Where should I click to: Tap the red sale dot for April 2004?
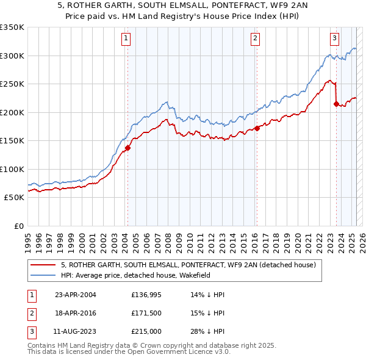click(x=127, y=148)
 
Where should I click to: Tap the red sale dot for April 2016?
click(x=257, y=128)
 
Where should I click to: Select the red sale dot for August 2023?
click(x=336, y=104)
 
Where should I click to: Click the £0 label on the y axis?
click(x=18, y=226)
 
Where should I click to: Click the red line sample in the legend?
click(x=43, y=265)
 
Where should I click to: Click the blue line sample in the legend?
click(x=43, y=275)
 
